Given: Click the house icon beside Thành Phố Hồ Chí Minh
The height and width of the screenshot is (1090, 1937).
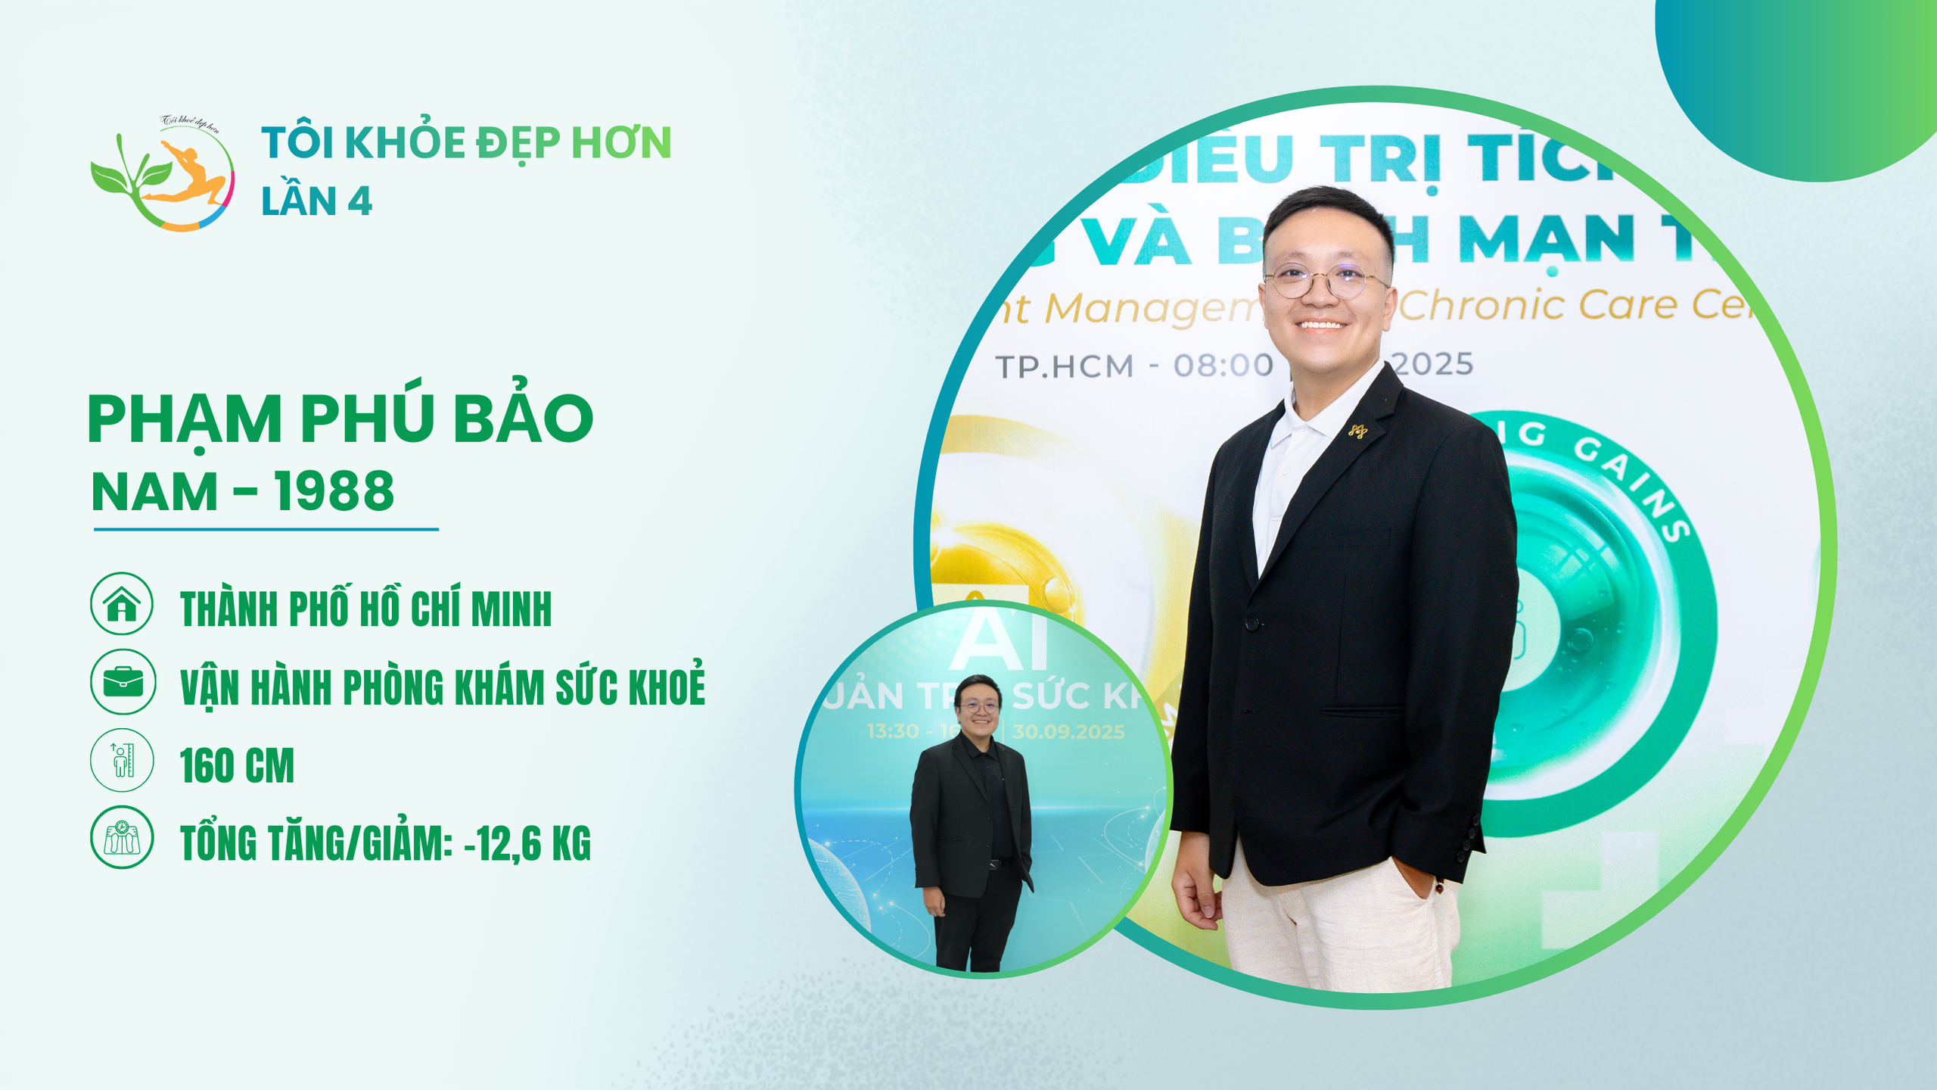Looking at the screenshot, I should click(x=122, y=603).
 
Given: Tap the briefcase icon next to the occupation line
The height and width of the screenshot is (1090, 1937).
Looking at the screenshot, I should click(x=123, y=681).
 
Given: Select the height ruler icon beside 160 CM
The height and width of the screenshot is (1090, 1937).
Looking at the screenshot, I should click(x=122, y=760).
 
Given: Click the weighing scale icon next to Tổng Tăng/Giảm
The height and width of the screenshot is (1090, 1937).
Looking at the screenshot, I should click(x=122, y=837).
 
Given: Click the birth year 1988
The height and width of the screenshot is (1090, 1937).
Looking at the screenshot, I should click(x=334, y=492).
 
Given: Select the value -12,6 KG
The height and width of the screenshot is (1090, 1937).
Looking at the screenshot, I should click(x=527, y=843).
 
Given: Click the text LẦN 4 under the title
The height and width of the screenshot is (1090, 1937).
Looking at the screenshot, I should click(x=316, y=201).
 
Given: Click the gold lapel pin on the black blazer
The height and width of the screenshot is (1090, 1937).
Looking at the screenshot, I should click(x=1357, y=431).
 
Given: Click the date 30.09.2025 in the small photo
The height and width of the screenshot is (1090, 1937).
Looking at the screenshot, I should click(x=1068, y=732).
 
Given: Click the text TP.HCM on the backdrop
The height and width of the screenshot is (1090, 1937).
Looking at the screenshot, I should click(x=1065, y=367).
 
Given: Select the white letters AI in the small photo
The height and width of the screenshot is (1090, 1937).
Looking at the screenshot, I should click(x=1000, y=643).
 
